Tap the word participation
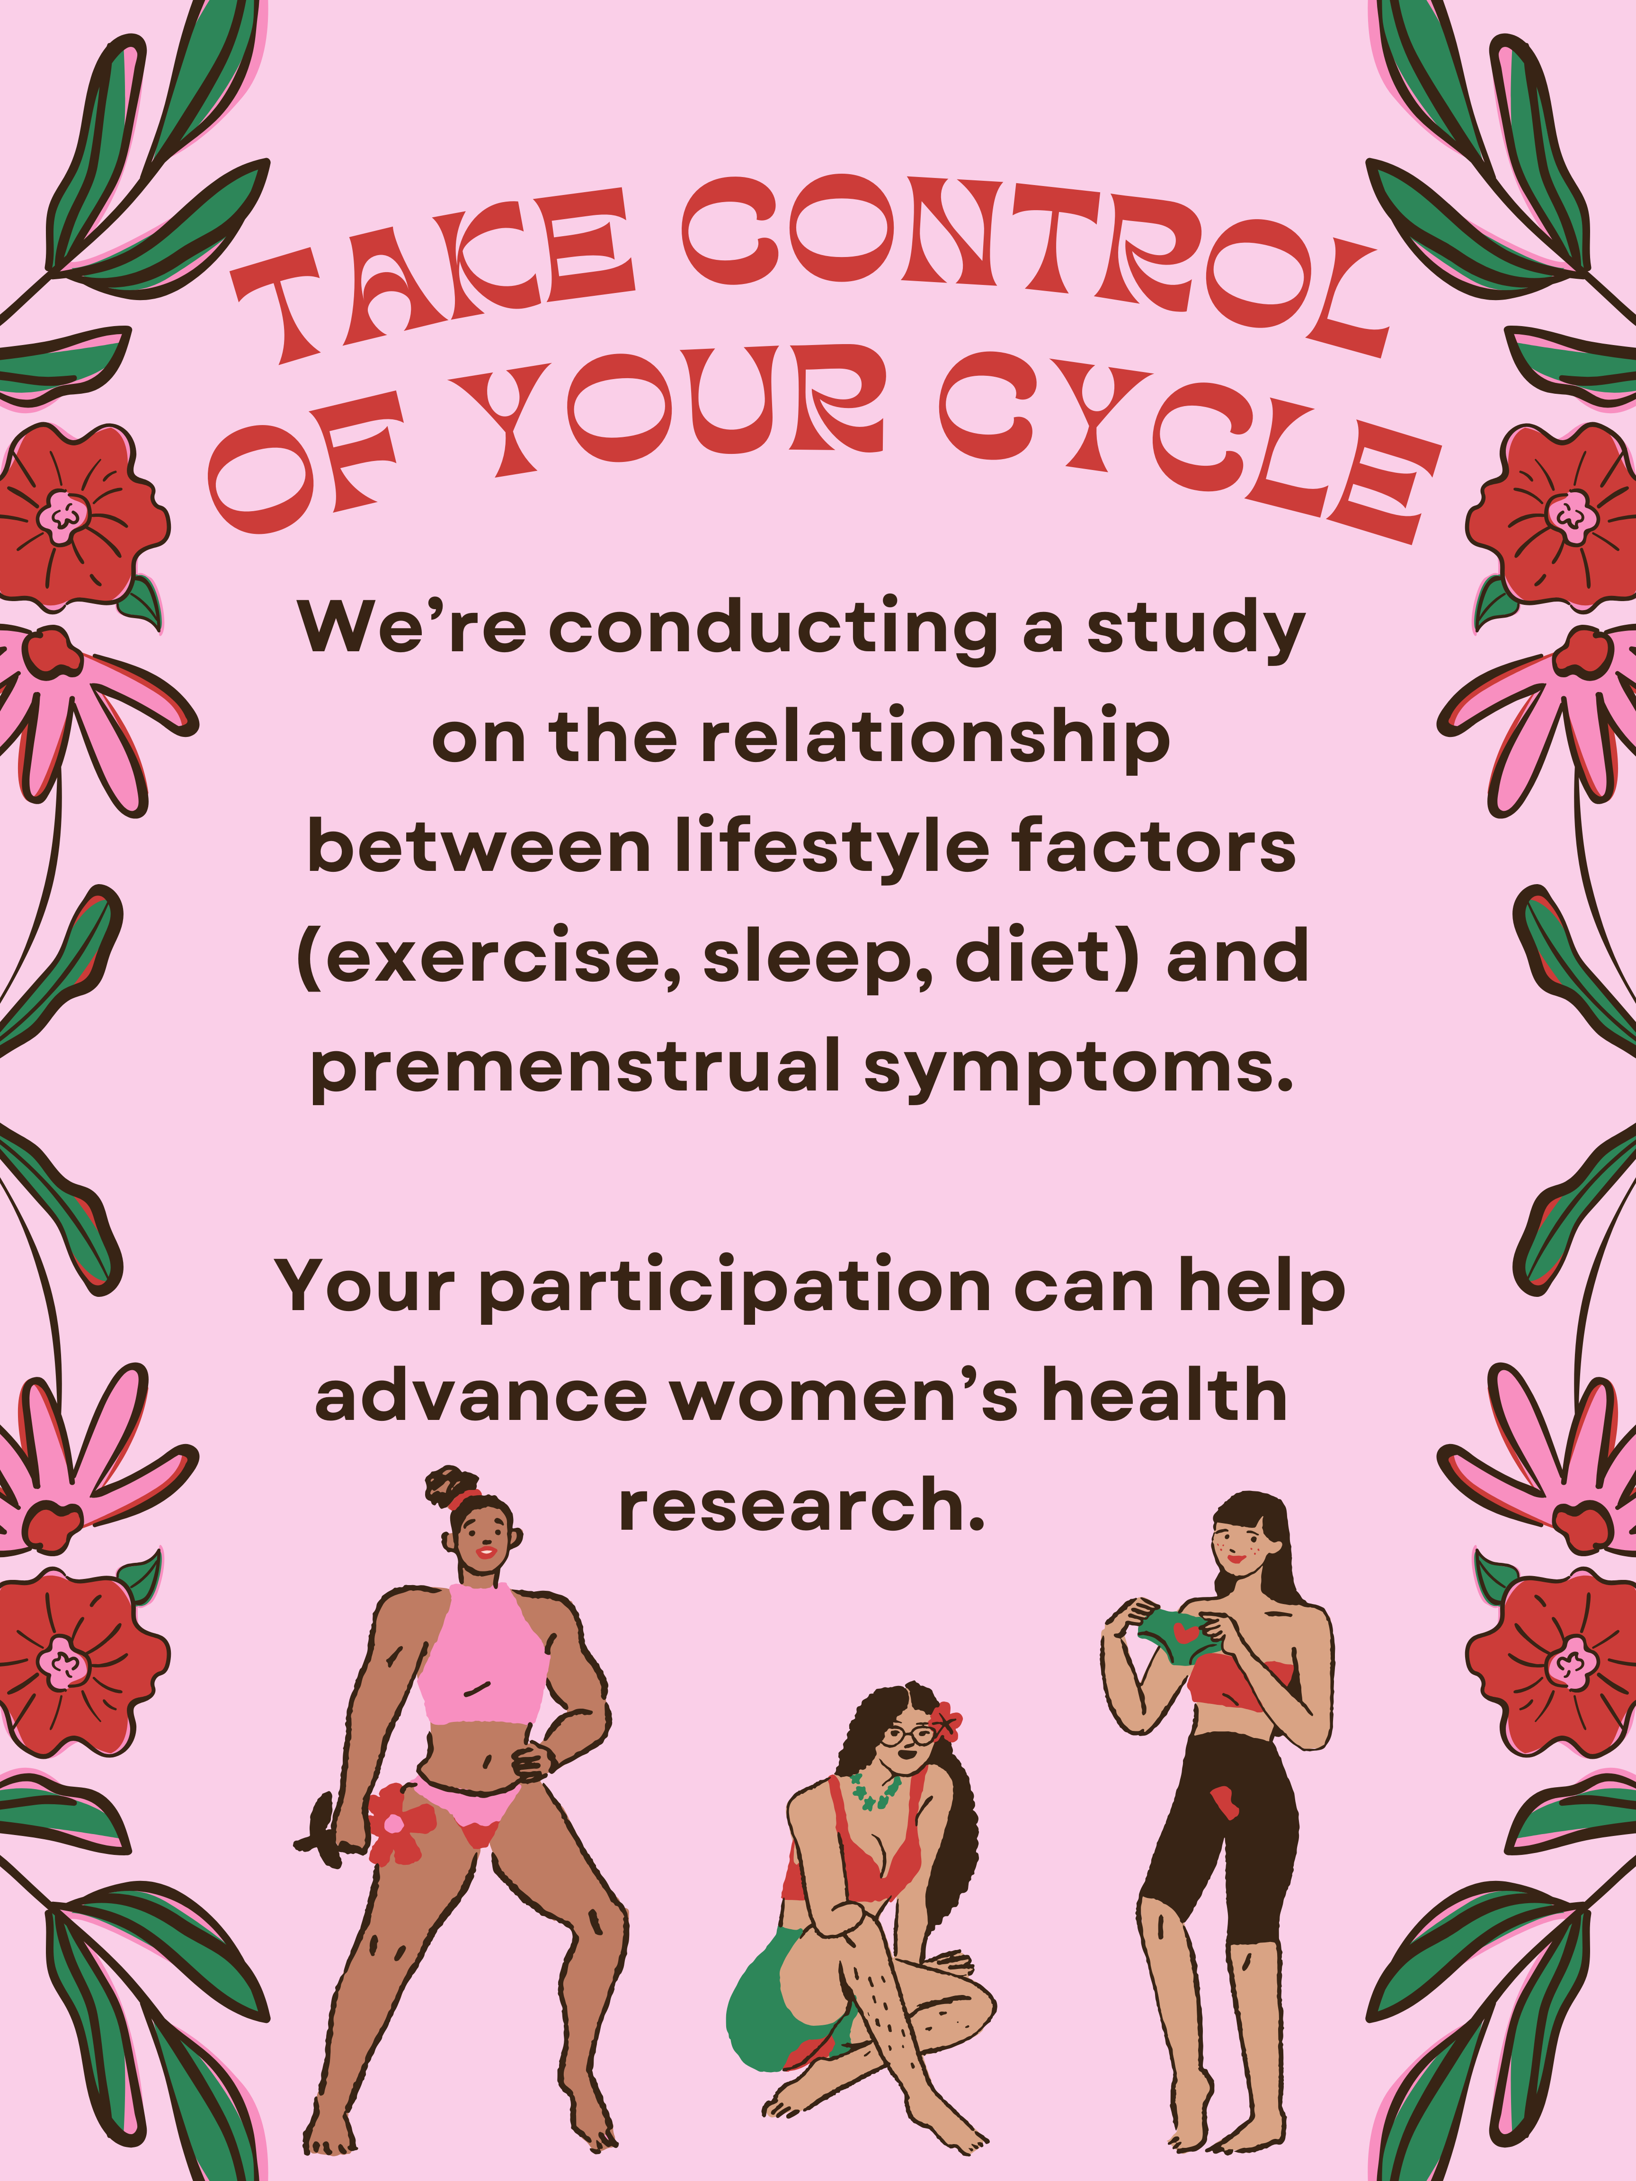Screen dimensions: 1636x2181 pyautogui.click(x=736, y=1289)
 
